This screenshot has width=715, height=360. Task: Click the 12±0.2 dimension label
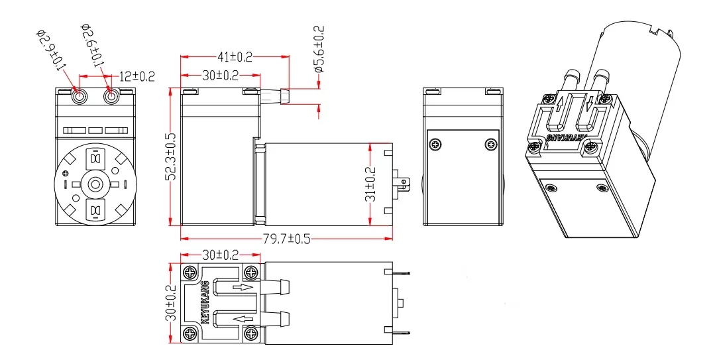tap(137, 77)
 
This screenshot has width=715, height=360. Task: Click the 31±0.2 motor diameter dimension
tap(372, 184)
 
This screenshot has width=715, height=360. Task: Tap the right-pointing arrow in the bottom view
tap(242, 288)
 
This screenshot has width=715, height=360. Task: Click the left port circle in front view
tap(80, 97)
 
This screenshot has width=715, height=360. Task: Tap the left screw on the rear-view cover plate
tap(435, 145)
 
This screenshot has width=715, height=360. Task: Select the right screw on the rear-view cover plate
tap(490, 145)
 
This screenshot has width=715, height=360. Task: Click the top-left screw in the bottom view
tap(190, 272)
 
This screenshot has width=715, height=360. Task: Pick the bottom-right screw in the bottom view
tap(251, 334)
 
